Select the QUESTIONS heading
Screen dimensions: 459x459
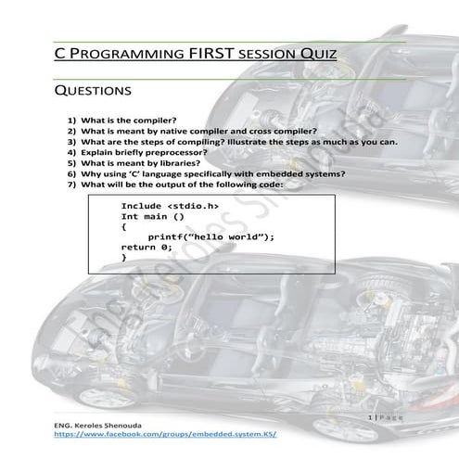[92, 92]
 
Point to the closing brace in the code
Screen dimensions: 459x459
[124, 259]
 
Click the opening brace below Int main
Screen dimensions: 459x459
[124, 226]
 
